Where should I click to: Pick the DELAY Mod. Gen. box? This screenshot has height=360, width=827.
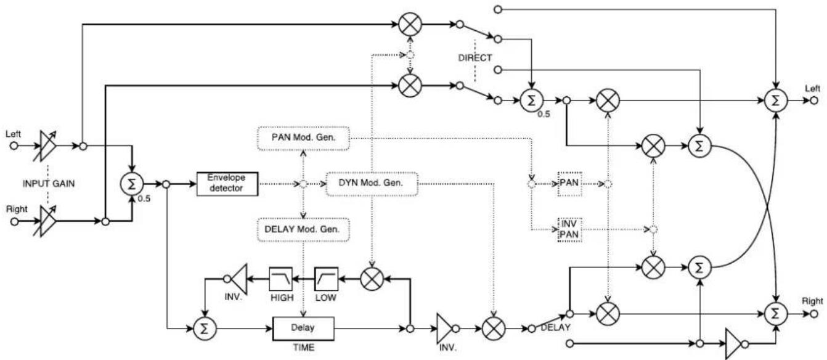tap(303, 230)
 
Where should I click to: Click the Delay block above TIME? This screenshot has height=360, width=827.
tap(303, 329)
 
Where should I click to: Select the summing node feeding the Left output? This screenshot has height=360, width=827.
tap(776, 100)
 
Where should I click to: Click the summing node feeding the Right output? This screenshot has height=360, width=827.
tap(776, 313)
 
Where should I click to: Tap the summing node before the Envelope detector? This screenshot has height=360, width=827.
tap(131, 183)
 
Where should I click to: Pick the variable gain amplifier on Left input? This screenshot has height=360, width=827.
tap(47, 146)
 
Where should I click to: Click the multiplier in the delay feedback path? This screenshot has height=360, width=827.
tap(371, 279)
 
